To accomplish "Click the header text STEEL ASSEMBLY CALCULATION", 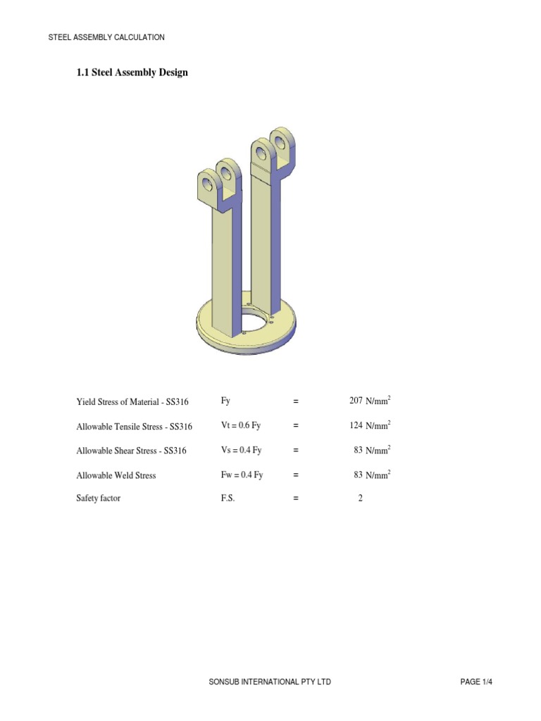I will tap(106, 37).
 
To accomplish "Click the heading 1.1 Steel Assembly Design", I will tap(132, 73).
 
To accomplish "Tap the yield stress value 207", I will tap(356, 401).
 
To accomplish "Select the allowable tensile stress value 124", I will tap(356, 426).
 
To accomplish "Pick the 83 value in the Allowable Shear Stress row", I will tap(358, 451).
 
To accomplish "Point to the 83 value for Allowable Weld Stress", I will tap(358, 475).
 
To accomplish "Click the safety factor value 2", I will tap(360, 499).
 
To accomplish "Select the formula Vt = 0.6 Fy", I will tap(241, 426).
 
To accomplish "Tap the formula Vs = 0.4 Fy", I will tap(241, 451).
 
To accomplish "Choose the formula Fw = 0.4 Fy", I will tap(242, 475).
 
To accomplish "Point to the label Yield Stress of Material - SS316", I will tap(132, 402).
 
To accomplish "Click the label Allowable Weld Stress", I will tap(116, 476).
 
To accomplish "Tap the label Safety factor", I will tap(99, 499).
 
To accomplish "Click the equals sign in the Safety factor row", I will tap(296, 499).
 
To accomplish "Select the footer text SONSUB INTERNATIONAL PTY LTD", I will tap(270, 682).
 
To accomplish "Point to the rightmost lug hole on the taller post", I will tap(281, 143).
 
